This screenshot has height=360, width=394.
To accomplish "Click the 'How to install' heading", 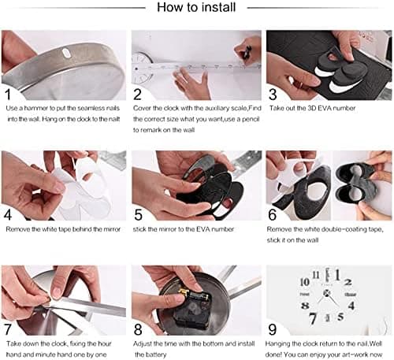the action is tap(196, 7).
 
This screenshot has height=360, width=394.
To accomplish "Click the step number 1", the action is tap(8, 95).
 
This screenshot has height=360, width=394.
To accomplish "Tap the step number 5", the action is tap(138, 214).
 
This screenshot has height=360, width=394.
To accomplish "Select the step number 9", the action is tap(273, 329).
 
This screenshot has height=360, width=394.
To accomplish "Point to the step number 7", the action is tap(8, 329).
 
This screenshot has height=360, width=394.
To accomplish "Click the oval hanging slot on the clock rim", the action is tap(65, 53).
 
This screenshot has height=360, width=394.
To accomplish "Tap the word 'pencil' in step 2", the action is tap(251, 119).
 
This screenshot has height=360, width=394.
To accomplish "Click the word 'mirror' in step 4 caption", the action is tap(112, 229).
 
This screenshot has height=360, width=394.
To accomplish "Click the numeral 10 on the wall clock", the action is tap(305, 282).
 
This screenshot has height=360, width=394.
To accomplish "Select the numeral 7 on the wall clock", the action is tap(312, 318).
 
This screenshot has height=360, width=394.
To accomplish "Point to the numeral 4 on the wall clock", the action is tap(351, 306).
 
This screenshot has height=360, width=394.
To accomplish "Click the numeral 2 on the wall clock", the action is tap(348, 282).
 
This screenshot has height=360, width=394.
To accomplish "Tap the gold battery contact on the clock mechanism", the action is tap(184, 291).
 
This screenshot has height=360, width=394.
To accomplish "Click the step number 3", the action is tap(273, 95).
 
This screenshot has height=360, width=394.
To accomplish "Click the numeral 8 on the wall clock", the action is tap(305, 306).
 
